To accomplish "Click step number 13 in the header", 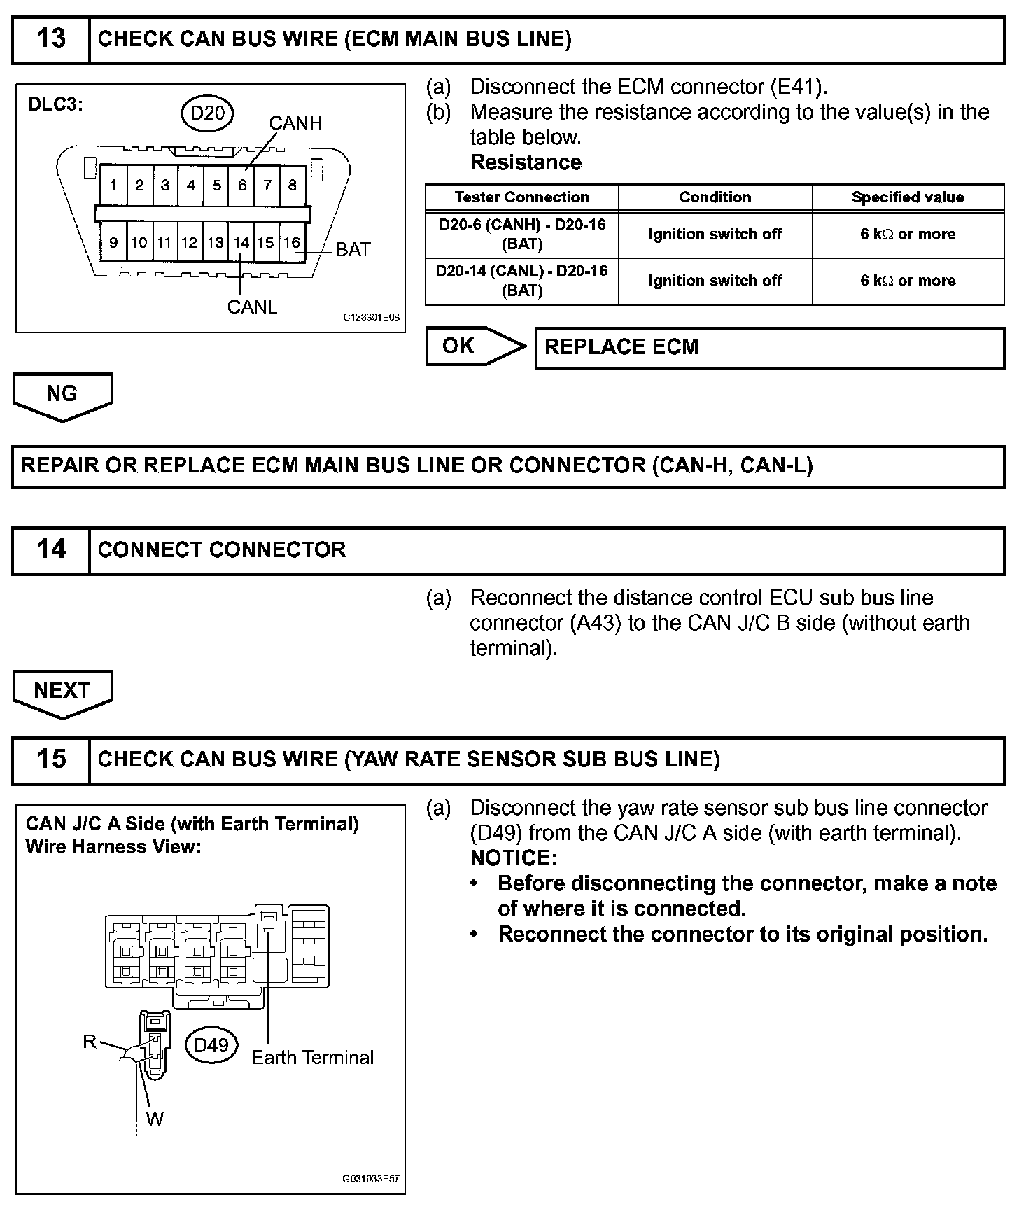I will tap(50, 38).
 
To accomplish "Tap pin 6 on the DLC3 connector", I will tap(242, 185).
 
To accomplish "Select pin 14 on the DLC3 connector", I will tap(241, 243).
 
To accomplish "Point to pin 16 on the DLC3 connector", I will tap(291, 243).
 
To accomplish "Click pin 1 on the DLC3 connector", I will tap(113, 185).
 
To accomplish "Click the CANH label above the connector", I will tap(295, 123).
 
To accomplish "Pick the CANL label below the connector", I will tap(252, 307).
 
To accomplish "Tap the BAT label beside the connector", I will tap(353, 250).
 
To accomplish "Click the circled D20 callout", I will tap(207, 113).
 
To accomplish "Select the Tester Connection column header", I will tap(521, 197).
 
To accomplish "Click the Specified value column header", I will tap(908, 197).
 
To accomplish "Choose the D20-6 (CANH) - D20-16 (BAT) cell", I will tap(521, 234).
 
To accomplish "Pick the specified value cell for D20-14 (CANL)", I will tap(908, 281).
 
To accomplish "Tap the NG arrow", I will tap(62, 395).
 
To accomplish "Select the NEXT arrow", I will tap(62, 692).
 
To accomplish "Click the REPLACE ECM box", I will tap(769, 348).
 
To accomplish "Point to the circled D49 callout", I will tap(211, 1045).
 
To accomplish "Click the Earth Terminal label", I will tap(312, 1057).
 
